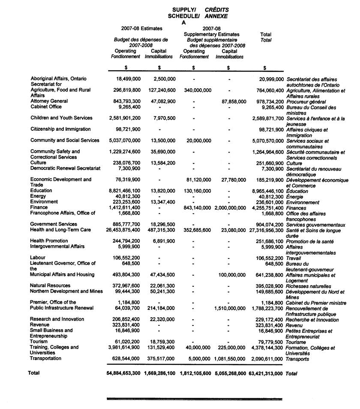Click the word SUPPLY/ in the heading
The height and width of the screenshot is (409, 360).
[x=185, y=9]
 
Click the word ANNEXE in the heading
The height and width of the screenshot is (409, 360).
[x=216, y=16]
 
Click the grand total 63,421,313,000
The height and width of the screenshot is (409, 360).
[x=266, y=373]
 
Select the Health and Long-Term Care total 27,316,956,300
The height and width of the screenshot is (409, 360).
[x=266, y=230]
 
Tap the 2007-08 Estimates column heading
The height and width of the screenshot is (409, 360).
[x=142, y=28]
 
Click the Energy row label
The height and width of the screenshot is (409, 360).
[x=38, y=196]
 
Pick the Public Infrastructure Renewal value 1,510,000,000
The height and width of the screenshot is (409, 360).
[x=230, y=308]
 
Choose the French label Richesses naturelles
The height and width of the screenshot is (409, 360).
[x=309, y=286]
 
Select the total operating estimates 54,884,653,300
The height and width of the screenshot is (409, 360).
[x=123, y=373]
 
